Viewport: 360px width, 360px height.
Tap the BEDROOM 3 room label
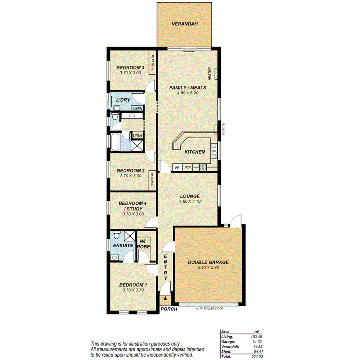click(x=130, y=68)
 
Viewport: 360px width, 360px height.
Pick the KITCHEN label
click(x=194, y=152)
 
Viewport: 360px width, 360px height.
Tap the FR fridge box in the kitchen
click(x=177, y=168)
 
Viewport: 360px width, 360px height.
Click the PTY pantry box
click(x=188, y=168)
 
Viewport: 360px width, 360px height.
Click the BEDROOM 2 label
click(x=130, y=171)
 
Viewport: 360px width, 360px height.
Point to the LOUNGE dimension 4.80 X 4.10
click(x=190, y=201)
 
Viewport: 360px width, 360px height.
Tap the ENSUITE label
click(x=123, y=245)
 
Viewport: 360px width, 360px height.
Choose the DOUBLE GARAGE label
click(x=208, y=262)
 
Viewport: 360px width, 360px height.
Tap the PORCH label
click(x=169, y=309)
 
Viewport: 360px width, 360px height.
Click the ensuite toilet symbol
click(x=116, y=235)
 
